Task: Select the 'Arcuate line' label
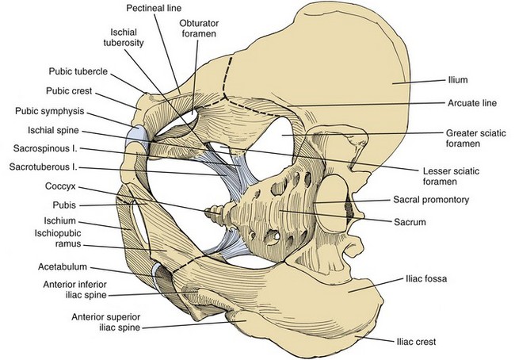coord(466,103)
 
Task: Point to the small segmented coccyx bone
coord(214,212)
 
